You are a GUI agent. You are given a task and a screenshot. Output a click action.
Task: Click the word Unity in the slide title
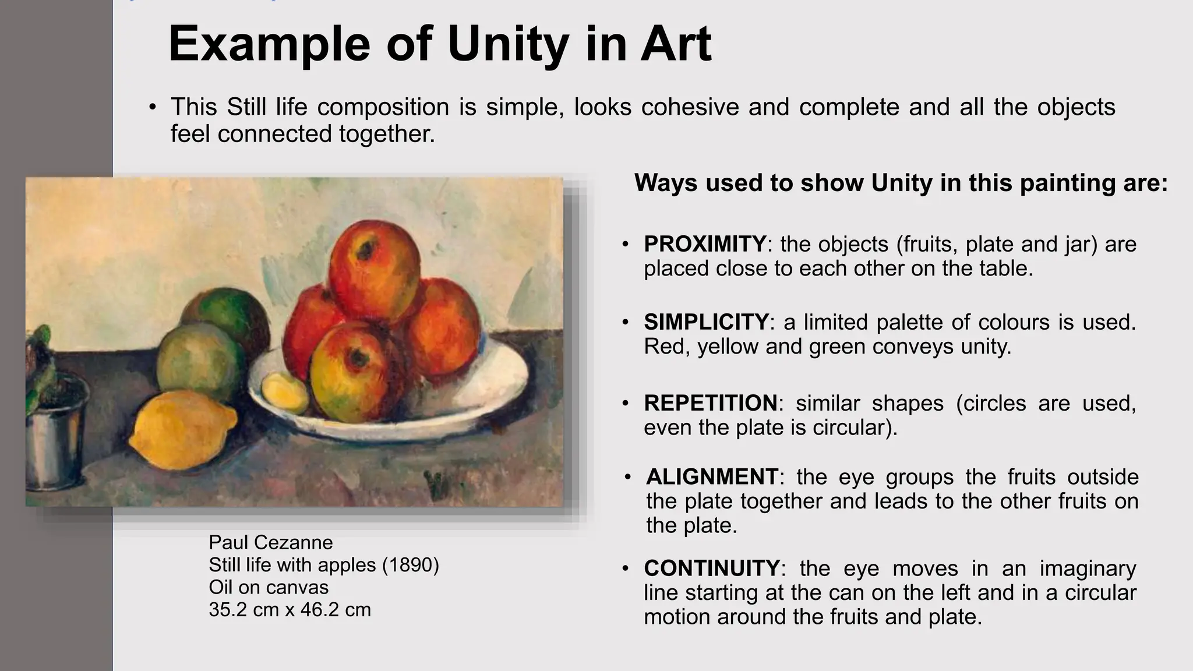click(509, 44)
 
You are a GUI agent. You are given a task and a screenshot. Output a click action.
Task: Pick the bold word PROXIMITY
click(705, 244)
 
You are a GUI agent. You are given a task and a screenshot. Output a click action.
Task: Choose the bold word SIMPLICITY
click(706, 322)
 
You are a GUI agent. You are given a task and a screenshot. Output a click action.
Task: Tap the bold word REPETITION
click(710, 403)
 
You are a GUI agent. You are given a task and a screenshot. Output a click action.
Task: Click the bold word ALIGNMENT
click(712, 477)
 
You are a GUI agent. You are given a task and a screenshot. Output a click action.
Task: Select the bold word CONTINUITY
click(711, 568)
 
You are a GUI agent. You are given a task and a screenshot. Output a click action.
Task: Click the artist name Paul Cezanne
click(271, 543)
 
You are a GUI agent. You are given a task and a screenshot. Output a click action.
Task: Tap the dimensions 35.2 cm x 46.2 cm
click(290, 610)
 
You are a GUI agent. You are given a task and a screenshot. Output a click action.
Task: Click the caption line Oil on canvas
click(269, 587)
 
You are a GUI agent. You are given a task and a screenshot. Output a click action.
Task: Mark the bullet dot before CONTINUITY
click(625, 568)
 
